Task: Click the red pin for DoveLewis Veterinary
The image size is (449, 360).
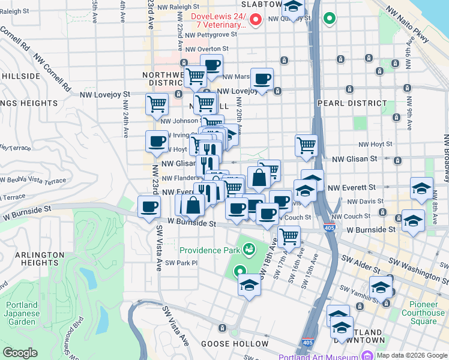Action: tap(255, 20)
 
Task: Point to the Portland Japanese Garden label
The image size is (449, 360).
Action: tap(22, 313)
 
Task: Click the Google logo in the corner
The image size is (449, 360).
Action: tap(20, 353)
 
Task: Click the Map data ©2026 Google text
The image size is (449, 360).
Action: tap(412, 355)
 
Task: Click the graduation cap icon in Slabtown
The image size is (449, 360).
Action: tap(292, 8)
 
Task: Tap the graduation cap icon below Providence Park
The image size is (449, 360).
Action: tap(249, 285)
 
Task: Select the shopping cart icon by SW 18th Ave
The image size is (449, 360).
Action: tap(289, 236)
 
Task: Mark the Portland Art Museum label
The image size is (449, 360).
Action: tap(327, 355)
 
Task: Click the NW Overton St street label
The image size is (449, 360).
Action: tap(207, 49)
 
